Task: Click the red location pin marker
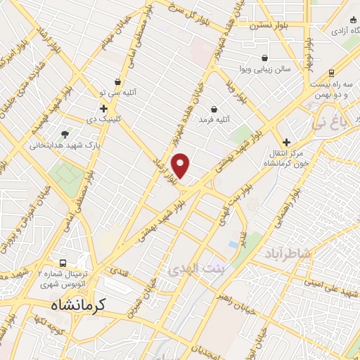pyautogui.click(x=181, y=166)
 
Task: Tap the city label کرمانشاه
pyautogui.click(x=78, y=304)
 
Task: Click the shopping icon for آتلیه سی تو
pyautogui.click(x=117, y=82)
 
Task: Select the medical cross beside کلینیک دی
pyautogui.click(x=103, y=108)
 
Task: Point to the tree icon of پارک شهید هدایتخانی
pyautogui.click(x=65, y=134)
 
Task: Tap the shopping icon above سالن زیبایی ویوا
pyautogui.click(x=264, y=58)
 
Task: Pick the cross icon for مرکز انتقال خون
pyautogui.click(x=286, y=141)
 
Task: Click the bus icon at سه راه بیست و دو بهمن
pyautogui.click(x=331, y=72)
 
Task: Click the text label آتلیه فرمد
pyautogui.click(x=195, y=120)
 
